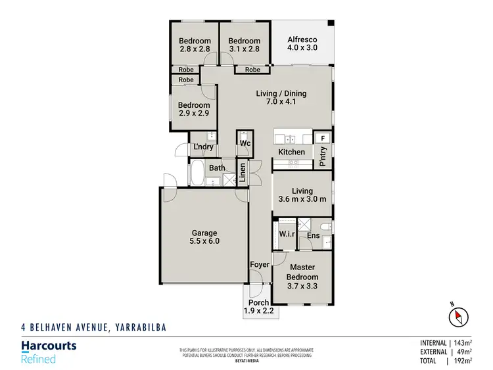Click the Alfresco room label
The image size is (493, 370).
coord(302,43)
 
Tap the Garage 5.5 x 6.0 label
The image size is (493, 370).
coord(204,237)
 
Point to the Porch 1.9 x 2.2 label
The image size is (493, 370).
coord(258,307)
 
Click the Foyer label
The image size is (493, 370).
coord(259,266)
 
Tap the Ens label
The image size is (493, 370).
coord(313,234)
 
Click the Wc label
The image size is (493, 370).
coord(245,143)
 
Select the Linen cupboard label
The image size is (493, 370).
coord(243,172)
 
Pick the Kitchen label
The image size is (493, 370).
coord(291,152)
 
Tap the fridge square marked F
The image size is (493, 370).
coord(323,138)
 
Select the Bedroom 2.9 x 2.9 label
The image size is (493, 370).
coord(195,109)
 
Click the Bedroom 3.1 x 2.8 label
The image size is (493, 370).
coord(244,45)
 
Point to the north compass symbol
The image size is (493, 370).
coord(458,317)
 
